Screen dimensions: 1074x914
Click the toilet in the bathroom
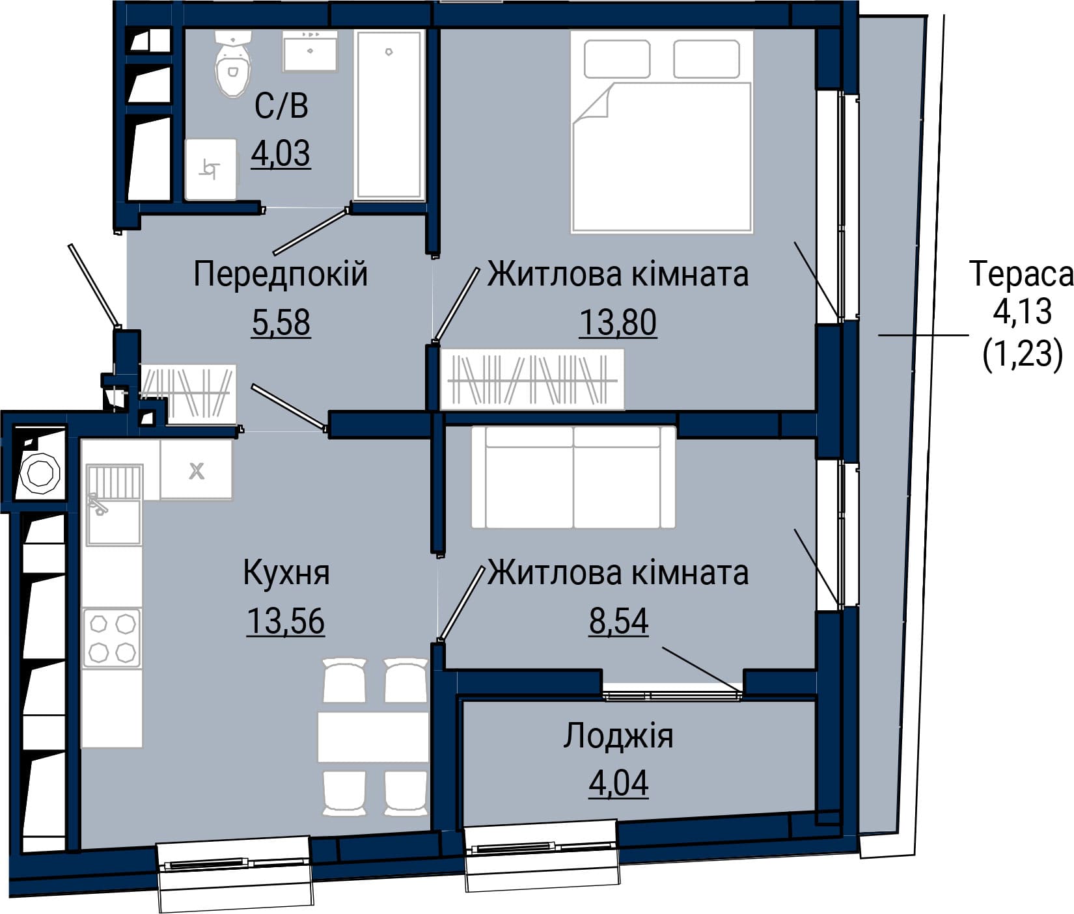click(x=232, y=64)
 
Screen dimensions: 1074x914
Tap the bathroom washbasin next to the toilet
click(x=310, y=50)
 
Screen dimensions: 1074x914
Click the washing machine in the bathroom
click(x=210, y=169)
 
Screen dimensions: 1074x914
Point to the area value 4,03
click(x=281, y=154)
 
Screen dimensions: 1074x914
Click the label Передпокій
click(x=281, y=274)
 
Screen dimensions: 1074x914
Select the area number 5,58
click(x=281, y=323)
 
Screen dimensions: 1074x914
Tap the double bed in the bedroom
click(x=661, y=131)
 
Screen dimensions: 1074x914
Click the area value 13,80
click(x=618, y=323)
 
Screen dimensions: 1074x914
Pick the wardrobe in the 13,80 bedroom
click(x=532, y=380)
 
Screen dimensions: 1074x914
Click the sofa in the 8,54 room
click(x=573, y=477)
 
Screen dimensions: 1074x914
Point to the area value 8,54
click(x=619, y=622)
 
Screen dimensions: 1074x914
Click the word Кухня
click(x=286, y=573)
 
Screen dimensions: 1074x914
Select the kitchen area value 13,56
click(x=286, y=622)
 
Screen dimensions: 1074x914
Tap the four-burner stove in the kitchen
click(x=111, y=638)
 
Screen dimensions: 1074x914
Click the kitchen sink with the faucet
click(x=114, y=504)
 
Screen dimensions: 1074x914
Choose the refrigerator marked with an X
click(x=197, y=470)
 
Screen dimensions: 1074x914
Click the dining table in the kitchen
click(x=373, y=737)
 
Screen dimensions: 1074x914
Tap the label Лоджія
click(x=618, y=736)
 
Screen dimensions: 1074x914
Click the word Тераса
click(x=1021, y=274)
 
